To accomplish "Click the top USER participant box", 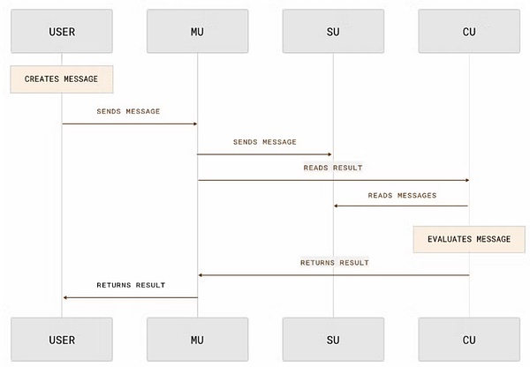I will pos(62,32).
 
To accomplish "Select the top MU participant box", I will pos(197,32).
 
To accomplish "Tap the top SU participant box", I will pos(333,32).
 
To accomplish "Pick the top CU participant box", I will pos(469,32).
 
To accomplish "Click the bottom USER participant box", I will pos(62,339).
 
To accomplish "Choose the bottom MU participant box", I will pos(197,339).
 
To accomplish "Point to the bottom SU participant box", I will pos(333,339).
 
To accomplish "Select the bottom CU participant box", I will pos(469,339).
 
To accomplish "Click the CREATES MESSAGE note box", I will pos(62,79).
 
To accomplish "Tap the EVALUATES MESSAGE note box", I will pos(469,239).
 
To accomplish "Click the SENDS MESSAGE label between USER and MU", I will pos(129,111).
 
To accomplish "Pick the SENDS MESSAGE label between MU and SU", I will pos(265,141).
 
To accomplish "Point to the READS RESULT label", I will pos(333,167).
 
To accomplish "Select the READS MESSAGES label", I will pos(402,195).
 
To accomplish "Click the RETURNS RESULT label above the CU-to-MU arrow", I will pos(334,262).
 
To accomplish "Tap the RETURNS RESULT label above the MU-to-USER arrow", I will pos(131,285).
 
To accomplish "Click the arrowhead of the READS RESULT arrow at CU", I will pos(466,180).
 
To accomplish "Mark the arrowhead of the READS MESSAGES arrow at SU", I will pos(337,206).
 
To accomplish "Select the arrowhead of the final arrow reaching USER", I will pos(65,297).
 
